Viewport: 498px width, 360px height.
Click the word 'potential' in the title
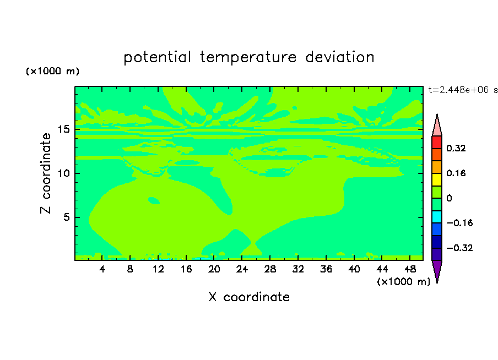tap(157, 58)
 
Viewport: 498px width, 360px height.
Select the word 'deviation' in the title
tap(340, 57)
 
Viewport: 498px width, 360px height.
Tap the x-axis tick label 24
tap(242, 269)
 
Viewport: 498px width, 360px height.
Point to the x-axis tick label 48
tap(410, 269)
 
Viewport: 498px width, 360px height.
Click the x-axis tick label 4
tap(102, 269)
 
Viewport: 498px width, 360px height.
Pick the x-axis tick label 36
tap(326, 269)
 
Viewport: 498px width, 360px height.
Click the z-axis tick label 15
tap(64, 129)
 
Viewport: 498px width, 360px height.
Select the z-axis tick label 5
tap(66, 217)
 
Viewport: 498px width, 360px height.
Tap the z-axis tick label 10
tap(64, 173)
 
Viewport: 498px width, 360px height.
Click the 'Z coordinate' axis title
tap(46, 173)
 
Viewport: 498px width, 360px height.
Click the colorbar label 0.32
tap(456, 148)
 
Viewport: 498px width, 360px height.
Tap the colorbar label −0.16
tap(459, 223)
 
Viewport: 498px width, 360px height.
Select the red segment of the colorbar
tap(437, 142)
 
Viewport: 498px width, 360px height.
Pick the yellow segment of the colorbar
tap(437, 179)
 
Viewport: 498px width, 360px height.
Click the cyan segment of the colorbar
tap(437, 217)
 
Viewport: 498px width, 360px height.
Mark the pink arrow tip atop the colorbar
tap(437, 114)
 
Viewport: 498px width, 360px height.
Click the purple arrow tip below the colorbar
tap(437, 282)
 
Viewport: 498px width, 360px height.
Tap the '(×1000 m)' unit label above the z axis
tap(52, 71)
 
